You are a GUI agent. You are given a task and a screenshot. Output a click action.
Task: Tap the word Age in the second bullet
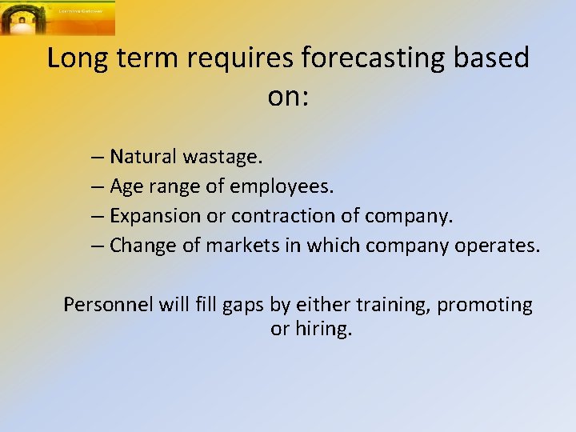(125, 186)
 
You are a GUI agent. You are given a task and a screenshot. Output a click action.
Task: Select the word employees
(282, 186)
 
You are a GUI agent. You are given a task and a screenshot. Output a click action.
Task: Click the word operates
(500, 246)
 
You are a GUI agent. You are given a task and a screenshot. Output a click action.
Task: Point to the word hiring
(322, 330)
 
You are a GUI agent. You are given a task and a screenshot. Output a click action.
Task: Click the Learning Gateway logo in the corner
(58, 18)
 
